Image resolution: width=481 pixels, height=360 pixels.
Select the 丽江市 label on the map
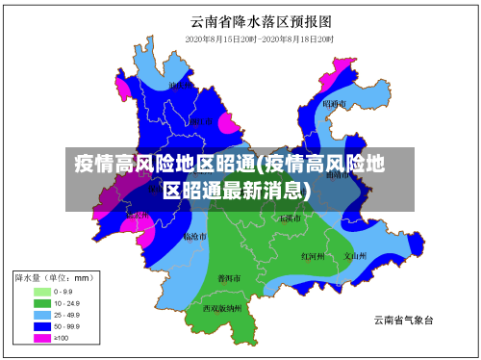coord(200,122)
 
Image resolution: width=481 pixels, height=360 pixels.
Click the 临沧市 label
coord(194,236)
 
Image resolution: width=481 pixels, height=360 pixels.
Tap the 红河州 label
coord(313,256)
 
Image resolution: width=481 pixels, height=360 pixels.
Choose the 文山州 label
coord(356,256)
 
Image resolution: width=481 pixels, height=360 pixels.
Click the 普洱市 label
coord(230,278)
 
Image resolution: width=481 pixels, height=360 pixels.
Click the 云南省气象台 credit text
coord(404,320)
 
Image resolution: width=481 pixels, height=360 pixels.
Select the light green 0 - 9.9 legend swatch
coord(42,291)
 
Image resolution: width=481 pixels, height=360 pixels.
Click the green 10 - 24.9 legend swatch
coord(42,302)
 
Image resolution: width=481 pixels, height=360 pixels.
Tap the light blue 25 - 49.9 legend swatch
coord(42,314)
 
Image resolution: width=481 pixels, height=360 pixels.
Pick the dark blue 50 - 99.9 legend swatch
coord(42,326)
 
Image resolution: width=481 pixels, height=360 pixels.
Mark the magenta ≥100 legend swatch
coord(42,338)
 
